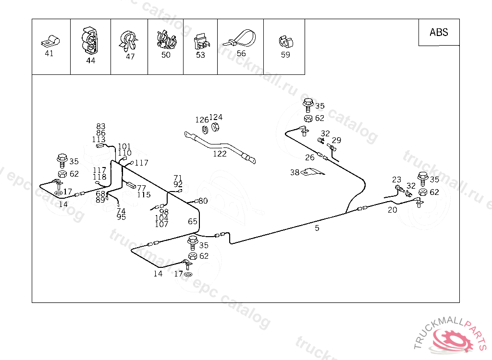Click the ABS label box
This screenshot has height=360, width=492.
439,32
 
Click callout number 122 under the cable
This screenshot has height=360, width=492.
220,154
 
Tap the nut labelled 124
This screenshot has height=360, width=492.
215,126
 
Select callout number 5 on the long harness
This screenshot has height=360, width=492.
317,228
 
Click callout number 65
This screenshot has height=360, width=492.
193,221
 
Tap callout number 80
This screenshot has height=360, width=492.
203,201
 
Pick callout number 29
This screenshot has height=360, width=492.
336,140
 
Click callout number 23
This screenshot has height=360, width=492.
396,180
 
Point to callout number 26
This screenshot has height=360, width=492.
310,157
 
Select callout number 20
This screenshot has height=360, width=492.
393,210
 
